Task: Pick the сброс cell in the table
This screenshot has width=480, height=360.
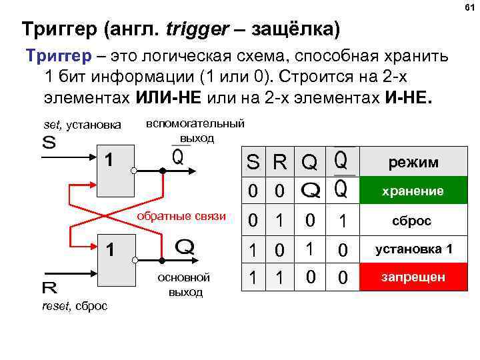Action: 412,221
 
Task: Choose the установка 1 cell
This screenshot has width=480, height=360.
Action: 412,249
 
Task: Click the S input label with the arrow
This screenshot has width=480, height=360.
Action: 49,143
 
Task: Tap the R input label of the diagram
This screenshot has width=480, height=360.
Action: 49,288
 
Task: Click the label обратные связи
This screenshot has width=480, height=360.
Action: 181,217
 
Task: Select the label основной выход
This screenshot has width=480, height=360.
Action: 185,285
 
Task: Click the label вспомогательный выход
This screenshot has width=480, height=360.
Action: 195,131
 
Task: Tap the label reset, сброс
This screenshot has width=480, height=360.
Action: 74,305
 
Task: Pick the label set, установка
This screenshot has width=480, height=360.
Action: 82,124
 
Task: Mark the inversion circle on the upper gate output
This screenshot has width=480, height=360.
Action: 133,171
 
